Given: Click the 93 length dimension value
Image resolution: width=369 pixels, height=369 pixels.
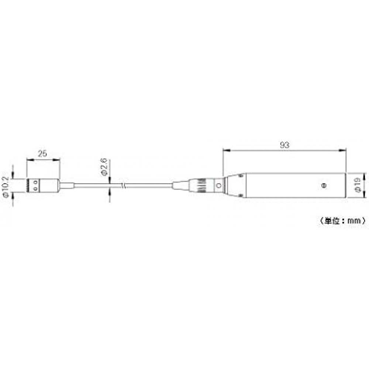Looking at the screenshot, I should (284, 145).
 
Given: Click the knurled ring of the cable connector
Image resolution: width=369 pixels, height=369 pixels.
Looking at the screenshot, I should (200, 185).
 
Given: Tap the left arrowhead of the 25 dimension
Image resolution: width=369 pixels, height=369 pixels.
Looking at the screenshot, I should (29, 159).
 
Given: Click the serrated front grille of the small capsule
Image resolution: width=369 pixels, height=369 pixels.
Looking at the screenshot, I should (28, 185).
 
